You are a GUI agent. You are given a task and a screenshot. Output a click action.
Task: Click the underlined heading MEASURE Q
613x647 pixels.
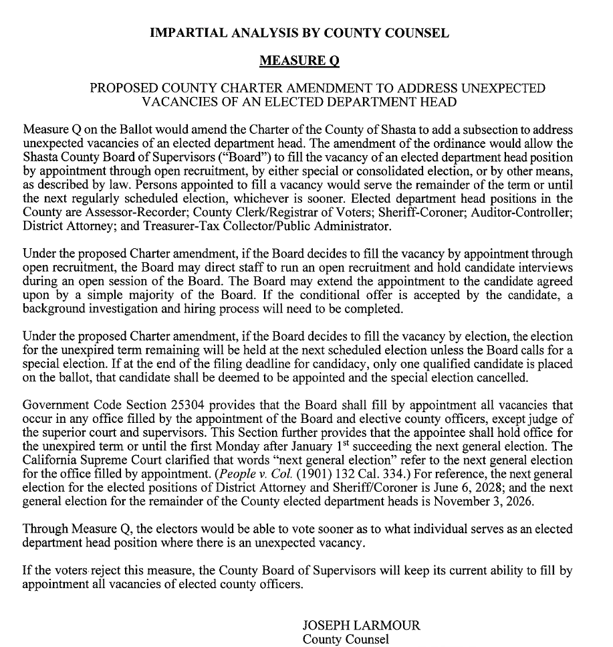[299, 61]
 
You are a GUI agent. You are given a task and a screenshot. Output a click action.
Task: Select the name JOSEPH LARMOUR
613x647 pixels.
[361, 625]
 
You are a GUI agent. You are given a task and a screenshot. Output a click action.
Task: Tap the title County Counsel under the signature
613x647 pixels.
[345, 639]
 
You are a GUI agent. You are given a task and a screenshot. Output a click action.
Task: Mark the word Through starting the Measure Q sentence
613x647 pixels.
[43, 529]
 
